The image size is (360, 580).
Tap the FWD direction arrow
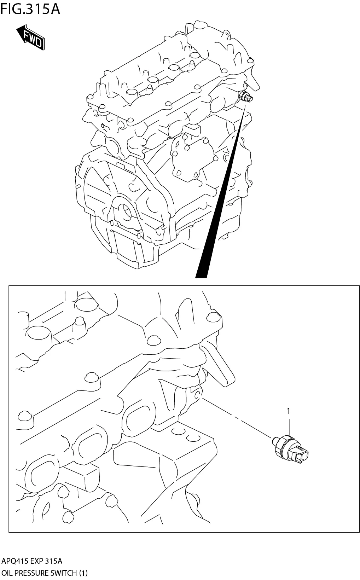(x=30, y=37)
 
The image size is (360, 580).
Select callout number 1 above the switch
(x=289, y=411)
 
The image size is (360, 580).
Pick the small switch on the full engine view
(x=246, y=97)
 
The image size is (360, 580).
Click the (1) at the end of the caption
(x=83, y=573)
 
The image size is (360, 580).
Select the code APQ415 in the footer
(x=15, y=561)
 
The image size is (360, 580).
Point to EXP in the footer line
(x=37, y=561)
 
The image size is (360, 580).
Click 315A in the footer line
(x=53, y=561)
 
